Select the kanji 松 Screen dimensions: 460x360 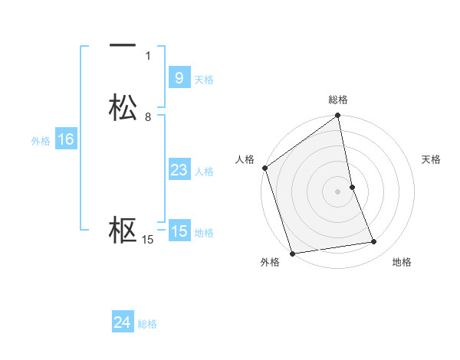pos(123,108)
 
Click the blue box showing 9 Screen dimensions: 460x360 pos(179,78)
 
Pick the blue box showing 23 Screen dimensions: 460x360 pos(179,170)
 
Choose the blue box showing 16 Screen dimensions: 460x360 pos(65,139)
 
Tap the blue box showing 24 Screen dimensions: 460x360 pos(122,322)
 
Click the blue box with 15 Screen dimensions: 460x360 pos(179,231)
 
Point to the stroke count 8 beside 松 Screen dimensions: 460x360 pos(148,117)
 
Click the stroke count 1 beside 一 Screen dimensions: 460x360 pos(148,56)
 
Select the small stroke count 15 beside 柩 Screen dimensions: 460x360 pos(148,240)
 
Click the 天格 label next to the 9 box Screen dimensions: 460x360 pos(204,80)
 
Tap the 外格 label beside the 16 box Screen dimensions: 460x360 pos(41,141)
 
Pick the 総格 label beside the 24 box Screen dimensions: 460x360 pos(147,324)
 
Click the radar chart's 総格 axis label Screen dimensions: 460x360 pos(338,100)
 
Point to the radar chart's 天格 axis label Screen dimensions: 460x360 pos(432,159)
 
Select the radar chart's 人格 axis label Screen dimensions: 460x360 pos(245,159)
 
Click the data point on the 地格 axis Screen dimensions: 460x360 pos(374,242)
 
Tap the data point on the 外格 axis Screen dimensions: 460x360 pos(292,253)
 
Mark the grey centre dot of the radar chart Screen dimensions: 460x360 pos(338,191)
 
